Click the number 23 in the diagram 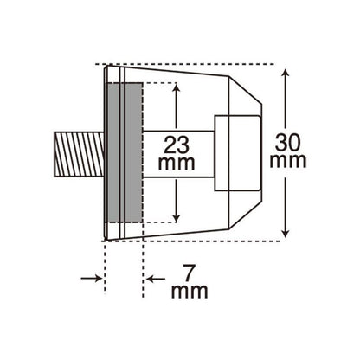click(177, 145)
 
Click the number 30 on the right click(287, 143)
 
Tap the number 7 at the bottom click(189, 274)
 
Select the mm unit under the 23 click(177, 163)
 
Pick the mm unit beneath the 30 click(288, 162)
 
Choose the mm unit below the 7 click(190, 292)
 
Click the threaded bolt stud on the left click(79, 154)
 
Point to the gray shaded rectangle click(125, 152)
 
